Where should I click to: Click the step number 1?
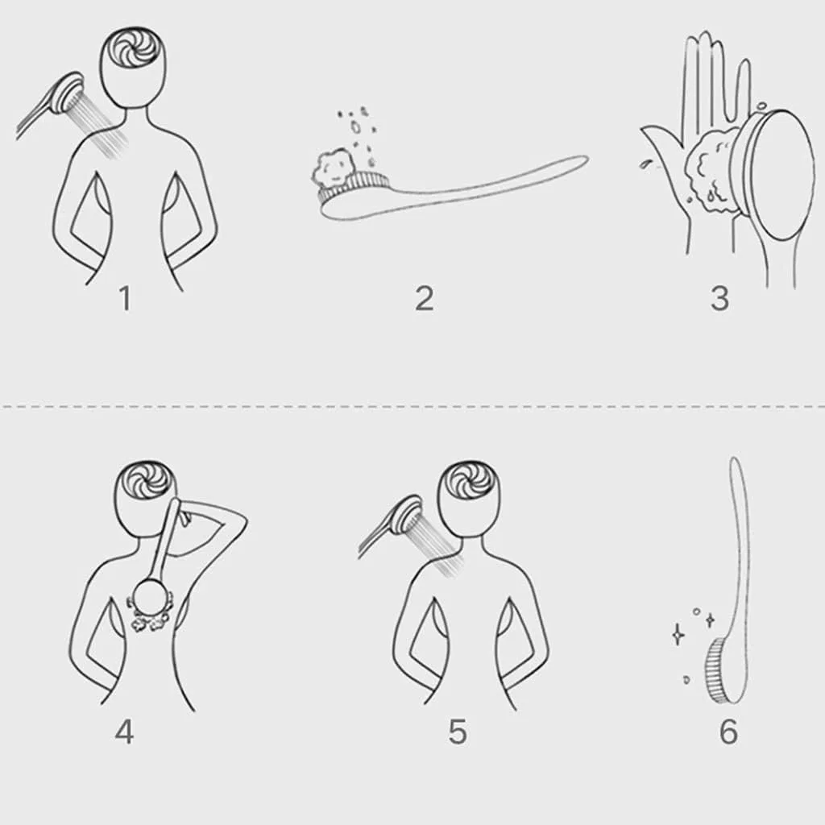[x=125, y=298]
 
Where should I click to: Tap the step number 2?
[x=425, y=298]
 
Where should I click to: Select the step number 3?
[x=719, y=298]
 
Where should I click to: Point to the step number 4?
[x=124, y=732]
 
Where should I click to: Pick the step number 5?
[x=458, y=732]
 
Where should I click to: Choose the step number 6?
[x=728, y=732]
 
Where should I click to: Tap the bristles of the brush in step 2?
[x=354, y=187]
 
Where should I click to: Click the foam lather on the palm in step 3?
[x=714, y=168]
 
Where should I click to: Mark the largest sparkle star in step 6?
[x=678, y=635]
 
